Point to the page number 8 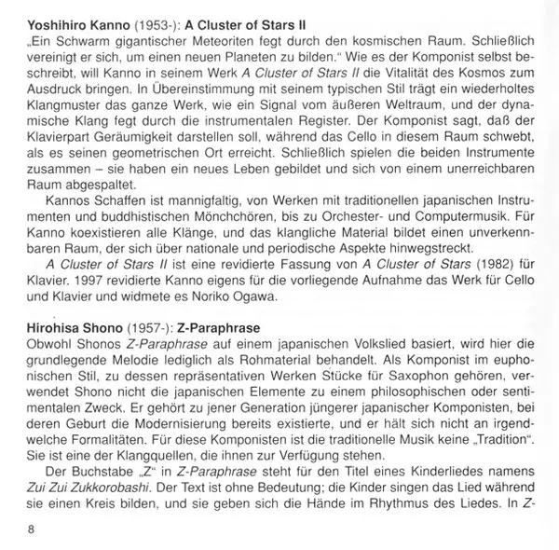click(9, 534)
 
